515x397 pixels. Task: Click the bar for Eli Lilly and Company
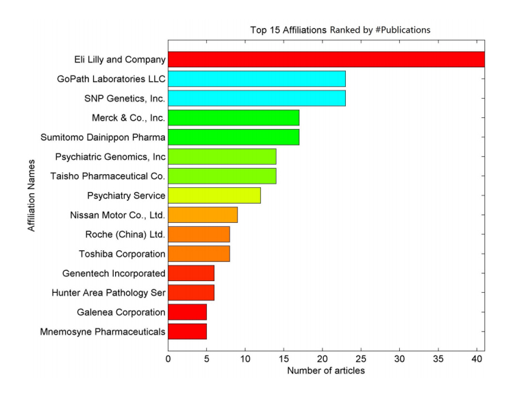[326, 60]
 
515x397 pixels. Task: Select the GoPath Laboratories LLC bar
[257, 79]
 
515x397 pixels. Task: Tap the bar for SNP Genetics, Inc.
[257, 98]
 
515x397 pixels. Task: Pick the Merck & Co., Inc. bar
[234, 118]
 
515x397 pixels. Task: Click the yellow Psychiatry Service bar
[214, 195]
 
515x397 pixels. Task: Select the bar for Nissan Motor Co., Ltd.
[203, 215]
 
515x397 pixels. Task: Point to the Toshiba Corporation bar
[199, 254]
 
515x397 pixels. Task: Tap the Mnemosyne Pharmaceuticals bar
[187, 332]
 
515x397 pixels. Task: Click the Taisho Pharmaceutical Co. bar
[222, 176]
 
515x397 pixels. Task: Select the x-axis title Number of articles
[326, 371]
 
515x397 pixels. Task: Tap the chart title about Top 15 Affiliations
[338, 30]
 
